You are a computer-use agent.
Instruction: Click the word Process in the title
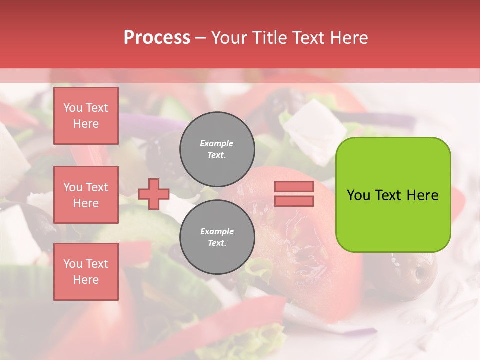click(157, 38)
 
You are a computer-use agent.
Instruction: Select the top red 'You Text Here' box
click(86, 116)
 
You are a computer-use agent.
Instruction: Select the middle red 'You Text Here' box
click(86, 195)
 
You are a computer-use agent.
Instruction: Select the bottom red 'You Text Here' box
click(86, 272)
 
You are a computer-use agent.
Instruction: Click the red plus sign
click(154, 193)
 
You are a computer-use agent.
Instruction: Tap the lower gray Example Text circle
click(217, 237)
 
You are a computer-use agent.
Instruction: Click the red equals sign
click(294, 194)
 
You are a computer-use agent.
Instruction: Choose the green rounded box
click(393, 195)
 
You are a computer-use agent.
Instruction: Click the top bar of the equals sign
click(294, 187)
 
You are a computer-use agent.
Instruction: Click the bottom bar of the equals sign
click(294, 201)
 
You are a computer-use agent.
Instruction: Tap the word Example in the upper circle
click(216, 143)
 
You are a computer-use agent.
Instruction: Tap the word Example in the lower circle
click(217, 231)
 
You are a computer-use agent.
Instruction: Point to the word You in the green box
click(359, 195)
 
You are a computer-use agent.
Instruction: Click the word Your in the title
click(230, 38)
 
